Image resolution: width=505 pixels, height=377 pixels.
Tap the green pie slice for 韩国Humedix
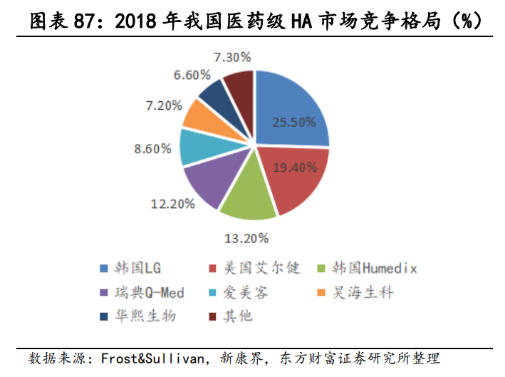click(x=246, y=196)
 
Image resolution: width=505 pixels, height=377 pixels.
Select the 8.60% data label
click(x=152, y=149)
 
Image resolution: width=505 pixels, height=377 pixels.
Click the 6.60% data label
click(x=192, y=74)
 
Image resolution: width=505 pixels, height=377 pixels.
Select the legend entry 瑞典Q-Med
click(x=142, y=292)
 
